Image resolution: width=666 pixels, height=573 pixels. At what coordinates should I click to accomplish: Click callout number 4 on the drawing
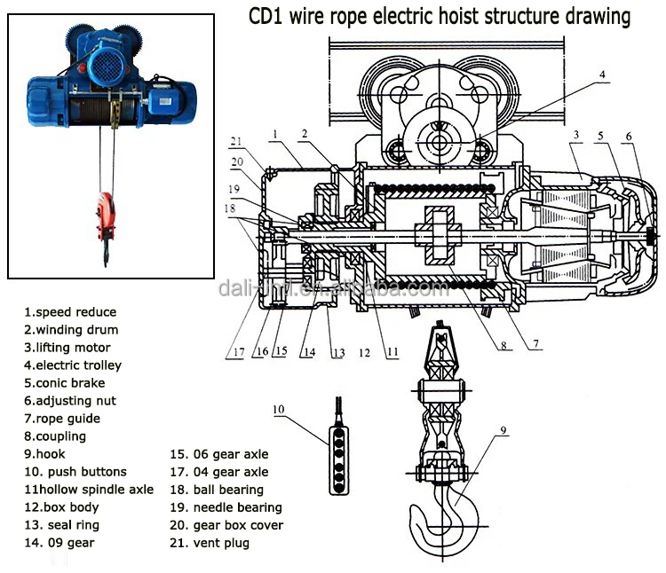click(602, 75)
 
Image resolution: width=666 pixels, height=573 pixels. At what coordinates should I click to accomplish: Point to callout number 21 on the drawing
click(235, 142)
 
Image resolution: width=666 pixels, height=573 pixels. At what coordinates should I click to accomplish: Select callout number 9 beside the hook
click(503, 430)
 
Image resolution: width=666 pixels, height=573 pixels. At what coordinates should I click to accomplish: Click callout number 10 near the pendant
click(278, 409)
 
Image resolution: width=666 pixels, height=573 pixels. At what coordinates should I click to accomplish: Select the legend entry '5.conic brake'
click(65, 383)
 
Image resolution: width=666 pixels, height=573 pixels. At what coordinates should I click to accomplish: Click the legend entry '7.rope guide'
click(62, 419)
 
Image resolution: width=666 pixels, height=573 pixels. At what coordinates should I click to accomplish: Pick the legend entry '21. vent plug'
click(210, 543)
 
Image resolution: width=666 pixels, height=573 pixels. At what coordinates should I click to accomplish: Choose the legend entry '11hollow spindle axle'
click(89, 490)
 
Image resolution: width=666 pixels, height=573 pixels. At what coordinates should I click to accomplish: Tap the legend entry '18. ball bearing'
click(217, 490)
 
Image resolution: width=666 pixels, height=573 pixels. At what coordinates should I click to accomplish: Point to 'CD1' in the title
click(266, 17)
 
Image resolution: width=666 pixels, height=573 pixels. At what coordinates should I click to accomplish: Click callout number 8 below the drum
click(503, 346)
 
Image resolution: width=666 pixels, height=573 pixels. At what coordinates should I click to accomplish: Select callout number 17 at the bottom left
click(239, 352)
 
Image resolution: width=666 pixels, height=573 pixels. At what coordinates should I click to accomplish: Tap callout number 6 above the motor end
click(629, 137)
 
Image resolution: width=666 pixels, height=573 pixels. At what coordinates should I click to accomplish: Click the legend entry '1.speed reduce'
click(70, 312)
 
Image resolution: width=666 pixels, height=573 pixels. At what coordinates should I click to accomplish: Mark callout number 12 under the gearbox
click(364, 353)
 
